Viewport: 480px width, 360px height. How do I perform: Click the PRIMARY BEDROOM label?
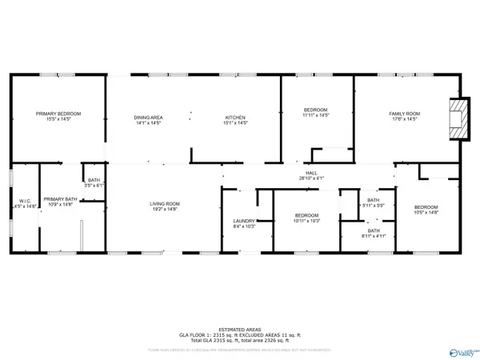[58, 114]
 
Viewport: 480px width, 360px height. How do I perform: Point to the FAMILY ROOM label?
[404, 114]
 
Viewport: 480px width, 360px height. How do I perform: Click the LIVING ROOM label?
[164, 204]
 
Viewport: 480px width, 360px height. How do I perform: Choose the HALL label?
[308, 173]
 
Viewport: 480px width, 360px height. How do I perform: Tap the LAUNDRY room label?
[243, 222]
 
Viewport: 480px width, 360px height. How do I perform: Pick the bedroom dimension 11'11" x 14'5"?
[317, 116]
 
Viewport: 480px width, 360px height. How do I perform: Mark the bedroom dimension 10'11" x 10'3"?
[307, 221]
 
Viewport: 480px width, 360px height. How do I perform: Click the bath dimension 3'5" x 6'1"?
[94, 186]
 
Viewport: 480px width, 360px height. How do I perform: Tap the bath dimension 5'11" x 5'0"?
[373, 206]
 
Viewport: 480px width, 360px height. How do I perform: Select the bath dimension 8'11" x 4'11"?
[373, 237]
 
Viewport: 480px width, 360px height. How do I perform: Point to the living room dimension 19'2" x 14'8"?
[164, 209]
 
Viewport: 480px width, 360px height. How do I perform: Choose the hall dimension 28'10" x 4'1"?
[308, 178]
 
